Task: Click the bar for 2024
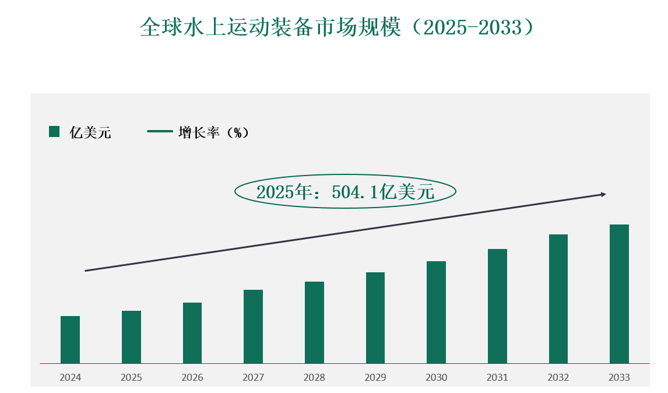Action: [70, 339]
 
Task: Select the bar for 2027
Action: [253, 327]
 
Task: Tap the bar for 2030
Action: [436, 312]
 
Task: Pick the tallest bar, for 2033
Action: [619, 294]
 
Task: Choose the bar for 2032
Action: [558, 299]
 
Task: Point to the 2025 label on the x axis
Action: [131, 378]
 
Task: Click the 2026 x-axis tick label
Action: [192, 378]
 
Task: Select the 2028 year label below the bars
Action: [314, 378]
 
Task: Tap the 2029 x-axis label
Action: [375, 378]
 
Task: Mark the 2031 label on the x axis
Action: [497, 378]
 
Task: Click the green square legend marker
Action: [54, 132]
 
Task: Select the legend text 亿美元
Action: [90, 132]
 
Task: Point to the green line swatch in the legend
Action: [160, 132]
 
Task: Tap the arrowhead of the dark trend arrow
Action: [603, 194]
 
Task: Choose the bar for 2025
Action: [131, 337]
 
